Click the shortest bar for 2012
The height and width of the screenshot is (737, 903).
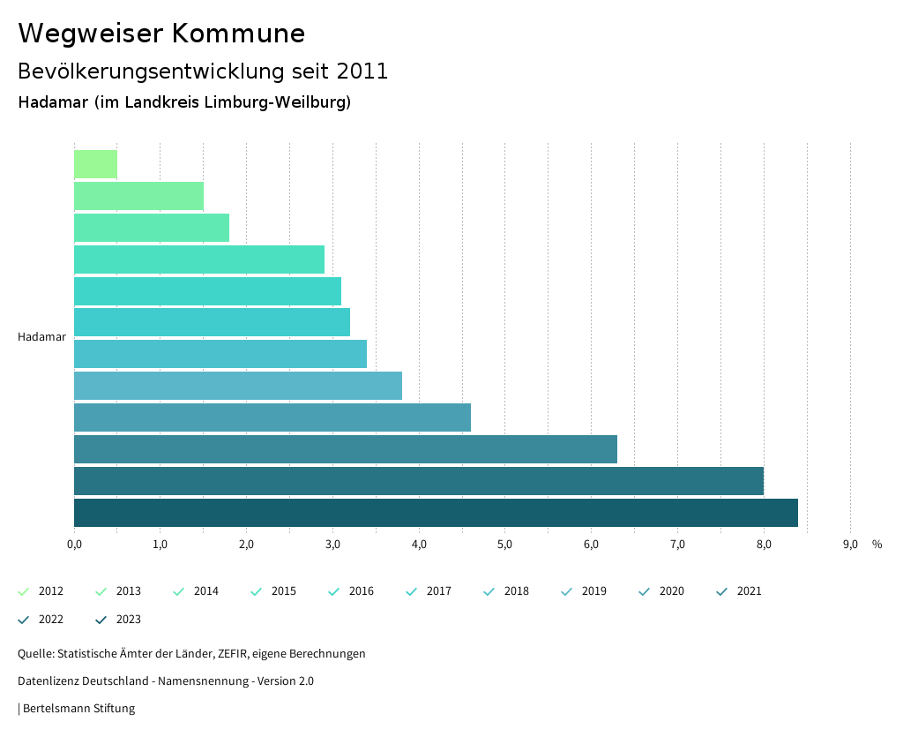95,164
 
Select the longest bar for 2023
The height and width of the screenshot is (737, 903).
436,513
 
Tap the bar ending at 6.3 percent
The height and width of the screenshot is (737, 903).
346,449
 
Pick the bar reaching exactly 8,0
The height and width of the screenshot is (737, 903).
419,481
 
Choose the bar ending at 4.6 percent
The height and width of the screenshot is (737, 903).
272,417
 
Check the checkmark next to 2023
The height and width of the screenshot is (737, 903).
101,620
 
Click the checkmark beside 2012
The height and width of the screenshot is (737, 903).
24,591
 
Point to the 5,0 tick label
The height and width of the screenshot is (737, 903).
505,545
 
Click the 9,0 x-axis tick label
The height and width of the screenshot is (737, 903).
850,545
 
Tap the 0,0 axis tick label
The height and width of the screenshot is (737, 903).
74,545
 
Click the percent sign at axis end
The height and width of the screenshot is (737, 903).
877,545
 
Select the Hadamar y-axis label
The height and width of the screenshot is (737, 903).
41,337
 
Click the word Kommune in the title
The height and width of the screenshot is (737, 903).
239,34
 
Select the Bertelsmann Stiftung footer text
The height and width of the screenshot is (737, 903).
78,709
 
